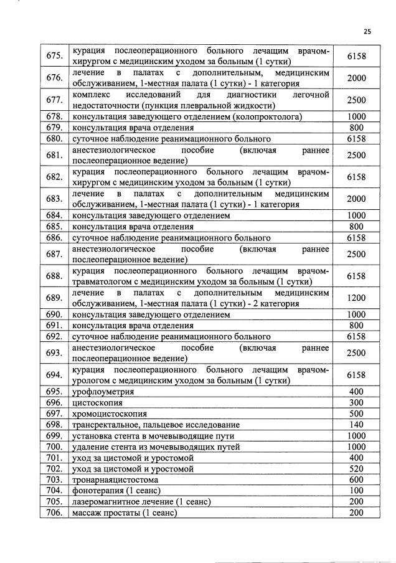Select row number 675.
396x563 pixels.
[54, 56]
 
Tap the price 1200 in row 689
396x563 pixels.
[356, 298]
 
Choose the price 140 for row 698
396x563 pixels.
[356, 424]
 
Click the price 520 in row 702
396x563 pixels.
[356, 468]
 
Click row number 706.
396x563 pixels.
[54, 513]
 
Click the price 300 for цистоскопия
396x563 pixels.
[356, 402]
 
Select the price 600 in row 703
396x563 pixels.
[356, 480]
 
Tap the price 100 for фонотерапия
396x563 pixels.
[356, 491]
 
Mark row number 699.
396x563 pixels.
[54, 435]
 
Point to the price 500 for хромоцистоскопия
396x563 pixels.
[356, 414]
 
